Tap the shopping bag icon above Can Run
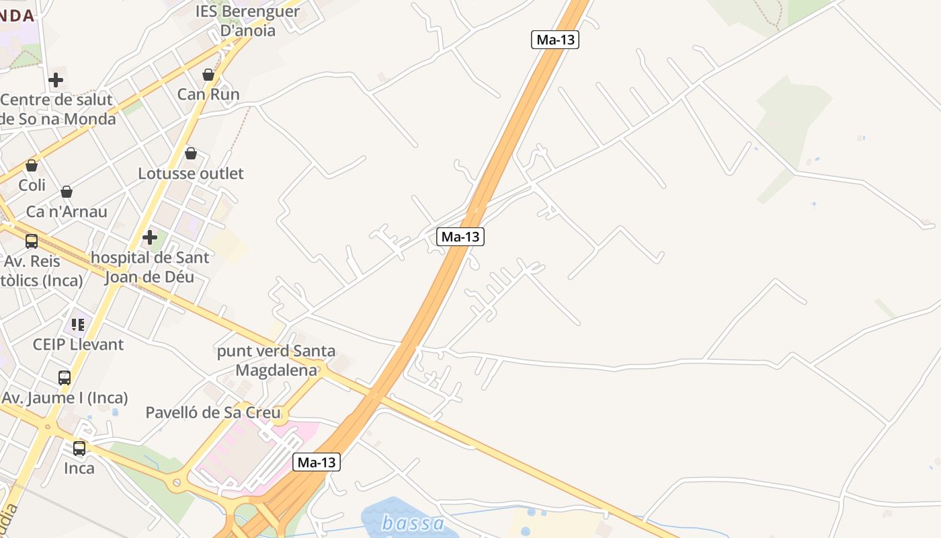coord(208,75)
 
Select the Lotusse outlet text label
coord(191,174)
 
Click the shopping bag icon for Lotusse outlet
coord(191,153)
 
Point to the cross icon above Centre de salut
coord(56,81)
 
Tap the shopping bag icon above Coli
coord(32,165)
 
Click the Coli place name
coord(32,185)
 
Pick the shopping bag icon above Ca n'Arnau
coord(67,192)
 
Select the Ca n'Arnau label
coord(67,212)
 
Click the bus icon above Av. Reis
coord(32,241)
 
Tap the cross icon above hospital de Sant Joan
coord(150,237)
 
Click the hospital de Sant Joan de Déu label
coord(150,267)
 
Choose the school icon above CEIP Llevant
coord(78,325)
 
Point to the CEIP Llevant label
coord(79,344)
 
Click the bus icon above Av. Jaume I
coord(65,378)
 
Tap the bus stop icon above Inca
coord(79,449)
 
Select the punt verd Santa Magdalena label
coord(276,360)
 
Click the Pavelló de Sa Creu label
coord(213,412)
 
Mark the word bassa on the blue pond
coord(413,523)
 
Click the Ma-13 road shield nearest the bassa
coord(317,462)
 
